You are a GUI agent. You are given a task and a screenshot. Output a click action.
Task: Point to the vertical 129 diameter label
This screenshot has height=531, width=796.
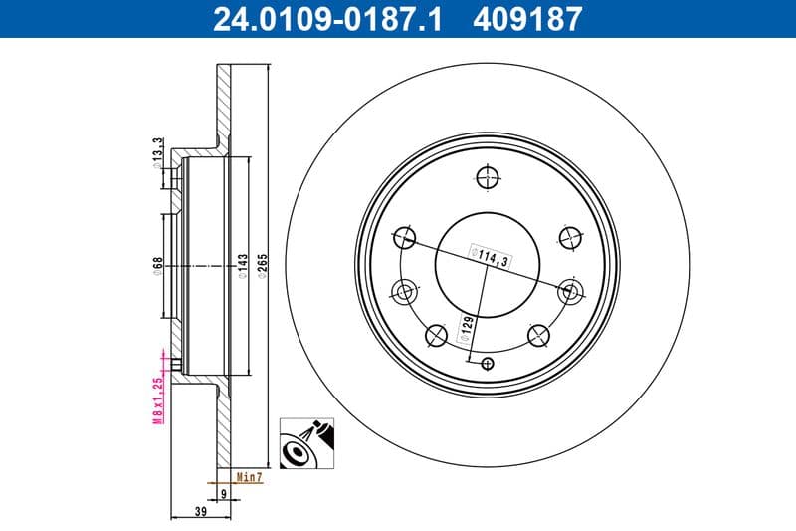coord(464,329)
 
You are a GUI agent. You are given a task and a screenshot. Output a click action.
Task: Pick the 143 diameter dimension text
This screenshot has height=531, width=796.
coord(242,266)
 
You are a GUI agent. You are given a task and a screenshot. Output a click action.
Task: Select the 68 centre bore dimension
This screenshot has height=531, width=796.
coord(158,266)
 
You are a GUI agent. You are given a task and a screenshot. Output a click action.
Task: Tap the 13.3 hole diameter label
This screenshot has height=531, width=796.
coord(158,151)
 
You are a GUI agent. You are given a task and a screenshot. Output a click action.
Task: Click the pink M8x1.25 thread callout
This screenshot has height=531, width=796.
coord(158,389)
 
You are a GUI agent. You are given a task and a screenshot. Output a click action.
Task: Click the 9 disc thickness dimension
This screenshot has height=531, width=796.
coord(223,492)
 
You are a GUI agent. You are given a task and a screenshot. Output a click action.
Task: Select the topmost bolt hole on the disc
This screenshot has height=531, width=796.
coord(487,177)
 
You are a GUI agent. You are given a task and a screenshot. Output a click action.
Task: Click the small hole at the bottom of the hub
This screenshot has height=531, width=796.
coord(487,363)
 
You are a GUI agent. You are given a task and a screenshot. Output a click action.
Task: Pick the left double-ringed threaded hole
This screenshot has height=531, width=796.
coord(404,292)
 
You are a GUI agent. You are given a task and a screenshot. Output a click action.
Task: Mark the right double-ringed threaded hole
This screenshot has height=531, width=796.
coord(569,292)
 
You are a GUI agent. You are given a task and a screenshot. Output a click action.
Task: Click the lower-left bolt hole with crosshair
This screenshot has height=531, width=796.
coord(435,336)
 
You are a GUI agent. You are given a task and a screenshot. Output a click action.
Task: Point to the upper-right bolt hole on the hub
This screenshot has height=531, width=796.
coord(569,237)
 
